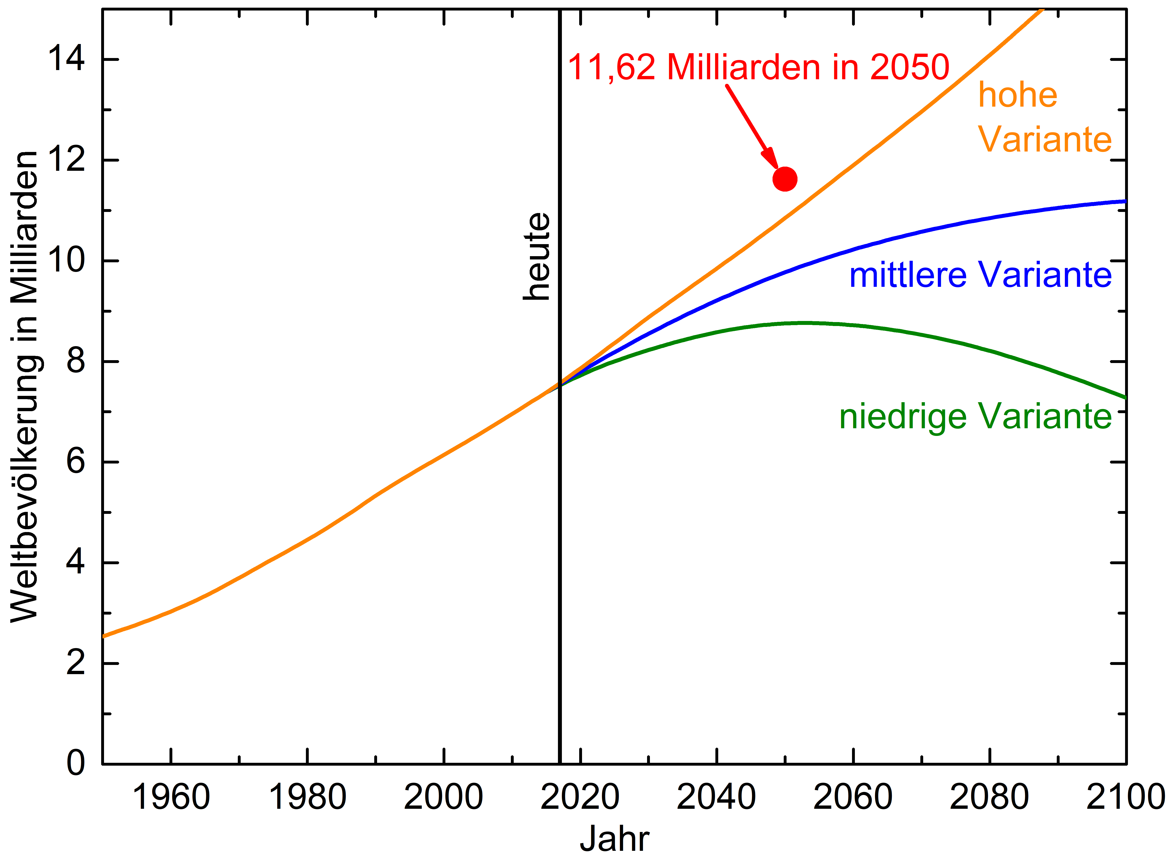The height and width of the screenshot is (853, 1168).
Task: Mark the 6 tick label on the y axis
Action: tap(75, 461)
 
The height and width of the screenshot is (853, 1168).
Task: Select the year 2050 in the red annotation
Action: tap(909, 67)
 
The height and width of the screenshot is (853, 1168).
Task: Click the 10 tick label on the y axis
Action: tap(66, 260)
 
